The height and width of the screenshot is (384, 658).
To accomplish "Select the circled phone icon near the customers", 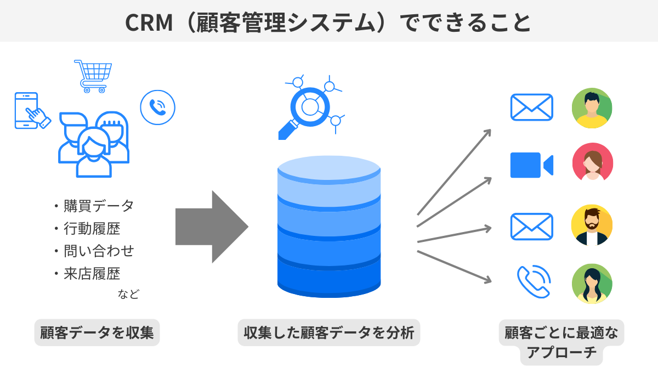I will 157,107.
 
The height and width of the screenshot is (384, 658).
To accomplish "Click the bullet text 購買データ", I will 99,206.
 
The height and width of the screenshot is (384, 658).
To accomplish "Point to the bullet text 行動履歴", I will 92,228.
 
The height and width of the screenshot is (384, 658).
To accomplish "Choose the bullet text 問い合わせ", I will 99,251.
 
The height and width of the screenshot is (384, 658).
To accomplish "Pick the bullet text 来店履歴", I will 92,273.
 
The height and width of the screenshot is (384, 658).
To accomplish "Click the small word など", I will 128,294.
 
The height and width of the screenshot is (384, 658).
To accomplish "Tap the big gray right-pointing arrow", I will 212,227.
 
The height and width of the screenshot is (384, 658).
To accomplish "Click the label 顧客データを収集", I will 97,332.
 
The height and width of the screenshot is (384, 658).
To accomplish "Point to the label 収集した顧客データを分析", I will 328,332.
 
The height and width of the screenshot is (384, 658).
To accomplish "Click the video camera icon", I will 531,165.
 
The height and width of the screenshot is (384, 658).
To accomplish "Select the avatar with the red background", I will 592,163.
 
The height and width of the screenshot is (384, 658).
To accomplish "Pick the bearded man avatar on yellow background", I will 592,225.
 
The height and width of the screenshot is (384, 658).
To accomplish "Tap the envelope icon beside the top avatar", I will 531,107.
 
